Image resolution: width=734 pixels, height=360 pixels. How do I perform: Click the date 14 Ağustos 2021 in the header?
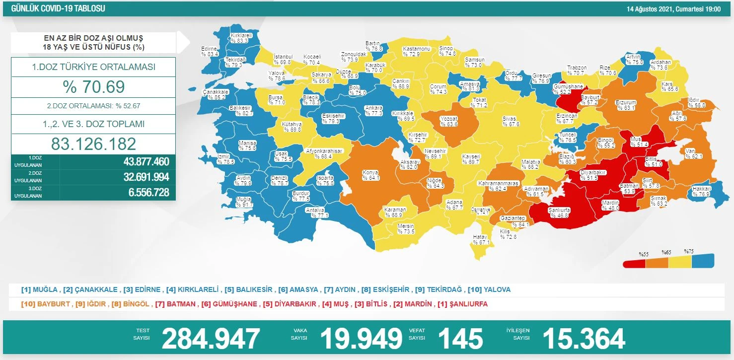[673, 9]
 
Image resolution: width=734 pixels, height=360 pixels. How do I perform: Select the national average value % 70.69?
[93, 87]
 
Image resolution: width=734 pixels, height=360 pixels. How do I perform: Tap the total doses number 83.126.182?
[93, 144]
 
